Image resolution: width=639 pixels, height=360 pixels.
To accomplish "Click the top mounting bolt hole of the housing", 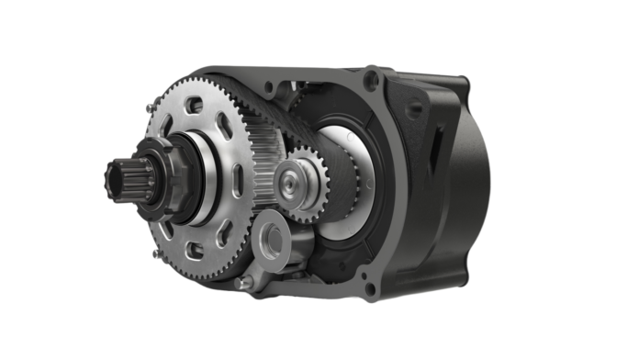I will coord(371,76).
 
